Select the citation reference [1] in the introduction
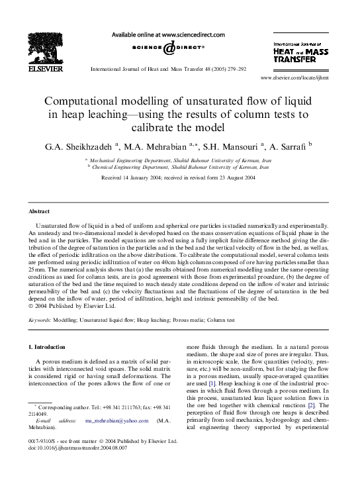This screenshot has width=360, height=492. coord(212,383)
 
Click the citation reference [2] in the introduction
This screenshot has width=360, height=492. coord(317,403)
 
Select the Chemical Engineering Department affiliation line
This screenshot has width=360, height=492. coord(179,168)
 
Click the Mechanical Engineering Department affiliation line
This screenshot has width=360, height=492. coord(179,160)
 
